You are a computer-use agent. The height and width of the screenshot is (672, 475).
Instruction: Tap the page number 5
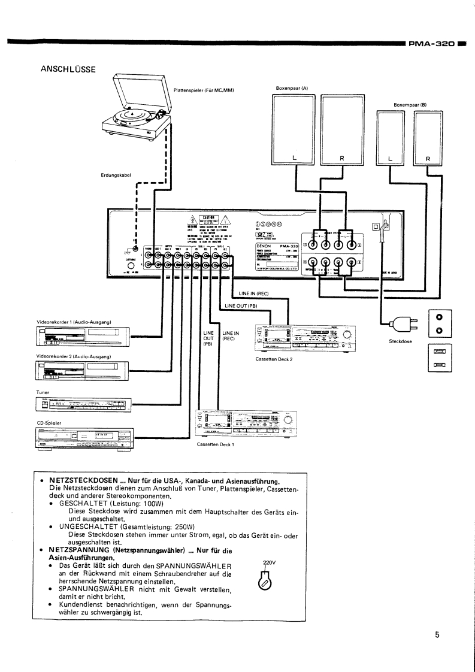point(437,635)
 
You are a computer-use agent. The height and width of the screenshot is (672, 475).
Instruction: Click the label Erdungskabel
point(116,175)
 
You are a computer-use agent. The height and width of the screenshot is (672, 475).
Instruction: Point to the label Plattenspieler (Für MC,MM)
point(203,90)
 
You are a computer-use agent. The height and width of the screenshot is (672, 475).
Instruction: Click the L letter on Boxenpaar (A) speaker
point(294,158)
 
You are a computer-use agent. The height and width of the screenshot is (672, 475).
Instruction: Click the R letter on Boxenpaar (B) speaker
point(428,159)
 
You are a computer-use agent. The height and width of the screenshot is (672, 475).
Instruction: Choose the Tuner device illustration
point(83,405)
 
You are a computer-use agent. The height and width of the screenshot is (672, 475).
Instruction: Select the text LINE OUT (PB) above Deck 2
point(241,306)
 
